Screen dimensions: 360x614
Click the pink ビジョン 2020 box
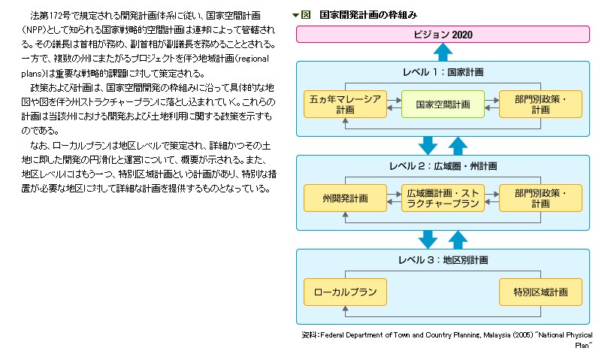(x=443, y=34)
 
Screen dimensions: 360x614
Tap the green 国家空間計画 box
(x=443, y=104)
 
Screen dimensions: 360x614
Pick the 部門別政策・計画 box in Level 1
(x=540, y=104)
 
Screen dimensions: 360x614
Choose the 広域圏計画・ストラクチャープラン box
(x=443, y=198)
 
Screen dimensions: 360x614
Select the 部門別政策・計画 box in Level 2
(x=540, y=198)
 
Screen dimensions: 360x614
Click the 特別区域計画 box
(x=540, y=291)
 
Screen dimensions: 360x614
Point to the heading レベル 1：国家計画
(x=443, y=72)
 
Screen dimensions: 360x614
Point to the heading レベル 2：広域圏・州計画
(x=443, y=165)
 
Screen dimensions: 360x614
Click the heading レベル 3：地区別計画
(x=443, y=260)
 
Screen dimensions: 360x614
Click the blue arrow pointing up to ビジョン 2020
(x=443, y=52)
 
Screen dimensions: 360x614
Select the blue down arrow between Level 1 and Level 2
(x=428, y=145)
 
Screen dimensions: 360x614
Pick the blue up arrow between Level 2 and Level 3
(x=458, y=239)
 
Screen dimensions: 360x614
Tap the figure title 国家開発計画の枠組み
(x=367, y=14)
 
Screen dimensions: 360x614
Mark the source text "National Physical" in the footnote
(x=557, y=334)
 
